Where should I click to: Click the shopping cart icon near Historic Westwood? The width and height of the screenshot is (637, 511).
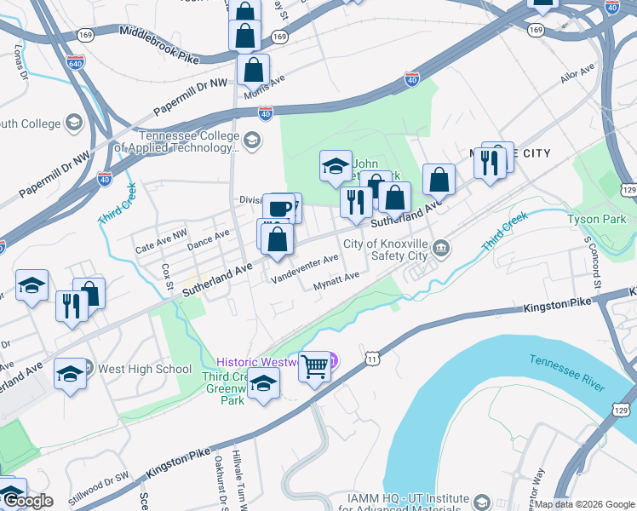(314, 367)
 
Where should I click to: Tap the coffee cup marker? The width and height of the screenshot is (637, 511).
(278, 207)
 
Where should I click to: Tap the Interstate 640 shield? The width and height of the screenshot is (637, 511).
(76, 62)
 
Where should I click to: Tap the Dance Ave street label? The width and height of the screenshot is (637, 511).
(209, 240)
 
